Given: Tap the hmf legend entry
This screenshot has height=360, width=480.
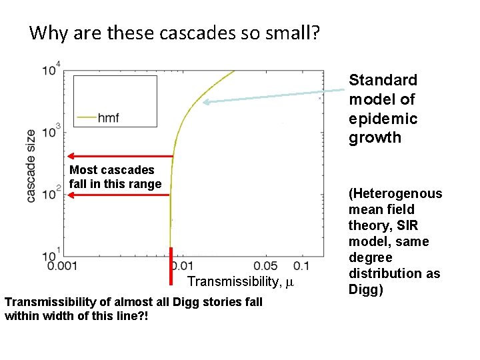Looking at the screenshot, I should click(107, 117).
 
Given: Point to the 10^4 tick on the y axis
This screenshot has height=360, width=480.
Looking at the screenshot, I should click(50, 68).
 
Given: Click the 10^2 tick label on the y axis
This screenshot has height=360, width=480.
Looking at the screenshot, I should click(50, 193).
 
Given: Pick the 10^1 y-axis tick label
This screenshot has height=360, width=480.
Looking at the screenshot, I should click(50, 254).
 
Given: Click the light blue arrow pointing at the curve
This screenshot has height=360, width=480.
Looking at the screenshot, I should click(267, 97).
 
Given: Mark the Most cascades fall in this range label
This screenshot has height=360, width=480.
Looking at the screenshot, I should click(115, 177).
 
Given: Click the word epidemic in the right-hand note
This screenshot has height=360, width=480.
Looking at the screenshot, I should click(383, 119).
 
